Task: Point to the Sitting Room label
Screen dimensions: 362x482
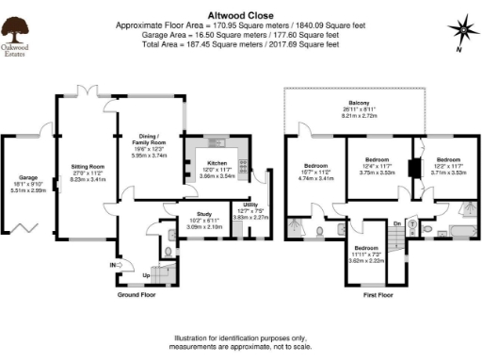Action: click(x=87, y=166)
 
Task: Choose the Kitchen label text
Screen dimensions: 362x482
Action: click(x=217, y=162)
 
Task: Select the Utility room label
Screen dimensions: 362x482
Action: click(x=250, y=205)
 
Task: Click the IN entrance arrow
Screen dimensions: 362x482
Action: click(x=116, y=266)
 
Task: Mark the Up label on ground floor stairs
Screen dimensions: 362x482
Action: click(x=145, y=276)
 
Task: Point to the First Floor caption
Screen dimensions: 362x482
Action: click(x=378, y=295)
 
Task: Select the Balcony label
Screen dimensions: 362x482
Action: click(x=361, y=102)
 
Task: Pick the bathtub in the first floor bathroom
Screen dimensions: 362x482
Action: click(x=461, y=230)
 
